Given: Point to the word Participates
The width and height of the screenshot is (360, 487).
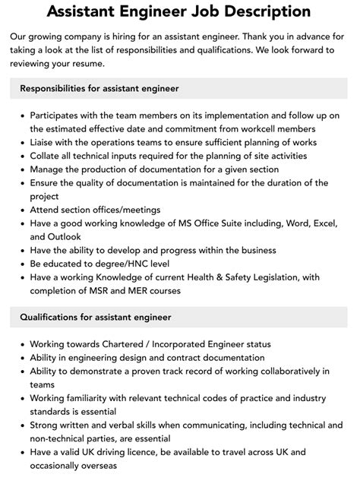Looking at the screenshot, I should coord(58,115).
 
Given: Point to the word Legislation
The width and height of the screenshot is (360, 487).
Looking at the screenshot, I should coord(278,277).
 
